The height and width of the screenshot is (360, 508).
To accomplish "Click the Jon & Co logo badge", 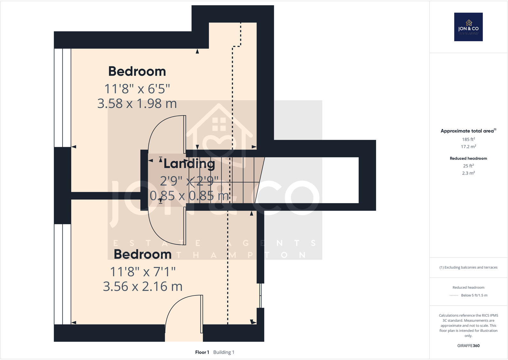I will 468,27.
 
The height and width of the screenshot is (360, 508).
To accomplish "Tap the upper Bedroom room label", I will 137,71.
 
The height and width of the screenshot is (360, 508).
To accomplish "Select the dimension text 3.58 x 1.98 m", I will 137,103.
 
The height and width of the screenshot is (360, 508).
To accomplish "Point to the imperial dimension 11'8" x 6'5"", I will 137,89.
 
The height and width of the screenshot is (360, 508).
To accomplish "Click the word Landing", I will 189,164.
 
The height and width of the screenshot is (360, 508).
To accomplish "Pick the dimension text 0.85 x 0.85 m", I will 189,195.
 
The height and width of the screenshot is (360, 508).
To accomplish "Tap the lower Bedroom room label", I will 142,254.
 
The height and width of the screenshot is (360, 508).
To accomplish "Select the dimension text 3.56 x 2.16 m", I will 142,287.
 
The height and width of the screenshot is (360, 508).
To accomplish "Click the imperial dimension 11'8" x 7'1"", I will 142,272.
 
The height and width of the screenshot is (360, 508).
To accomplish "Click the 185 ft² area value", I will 468,139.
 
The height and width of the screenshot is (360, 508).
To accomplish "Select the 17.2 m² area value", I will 468,147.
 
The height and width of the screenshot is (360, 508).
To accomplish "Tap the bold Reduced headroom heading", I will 468,158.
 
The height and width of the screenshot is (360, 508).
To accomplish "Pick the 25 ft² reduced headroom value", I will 468,166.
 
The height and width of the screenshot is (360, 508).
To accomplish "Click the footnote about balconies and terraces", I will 468,267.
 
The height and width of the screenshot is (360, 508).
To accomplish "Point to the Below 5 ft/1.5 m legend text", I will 474,295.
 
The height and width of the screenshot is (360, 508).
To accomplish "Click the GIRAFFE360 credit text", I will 468,346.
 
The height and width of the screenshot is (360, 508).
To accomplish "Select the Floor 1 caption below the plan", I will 202,352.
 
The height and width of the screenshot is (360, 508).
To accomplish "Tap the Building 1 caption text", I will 224,352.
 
